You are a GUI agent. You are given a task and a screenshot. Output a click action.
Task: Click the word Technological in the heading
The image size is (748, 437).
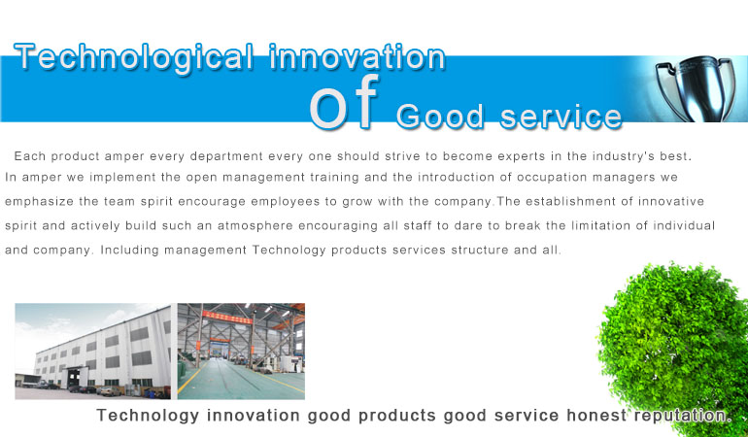(x=134, y=57)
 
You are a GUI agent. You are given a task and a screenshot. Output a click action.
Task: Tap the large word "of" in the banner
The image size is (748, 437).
(x=345, y=102)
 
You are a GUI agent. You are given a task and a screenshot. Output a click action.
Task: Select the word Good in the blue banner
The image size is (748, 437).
(x=440, y=117)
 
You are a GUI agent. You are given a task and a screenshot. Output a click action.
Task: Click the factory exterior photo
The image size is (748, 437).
(x=93, y=352)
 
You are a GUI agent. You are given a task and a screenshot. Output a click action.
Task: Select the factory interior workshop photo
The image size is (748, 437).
(x=241, y=352)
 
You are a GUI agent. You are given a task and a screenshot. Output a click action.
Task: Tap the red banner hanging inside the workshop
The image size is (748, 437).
(x=227, y=317)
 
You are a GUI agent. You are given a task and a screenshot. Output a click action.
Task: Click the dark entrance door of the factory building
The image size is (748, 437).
(x=74, y=378)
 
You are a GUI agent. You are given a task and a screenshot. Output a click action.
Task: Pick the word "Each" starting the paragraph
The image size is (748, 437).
(x=29, y=156)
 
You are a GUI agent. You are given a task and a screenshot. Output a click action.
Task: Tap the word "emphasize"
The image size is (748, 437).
(x=39, y=202)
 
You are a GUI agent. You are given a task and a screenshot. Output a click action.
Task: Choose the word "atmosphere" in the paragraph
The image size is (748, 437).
(x=255, y=225)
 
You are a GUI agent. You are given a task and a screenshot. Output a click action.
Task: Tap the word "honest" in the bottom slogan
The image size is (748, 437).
(x=596, y=415)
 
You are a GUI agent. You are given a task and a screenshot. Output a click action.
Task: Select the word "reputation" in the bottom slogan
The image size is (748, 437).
(x=682, y=416)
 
